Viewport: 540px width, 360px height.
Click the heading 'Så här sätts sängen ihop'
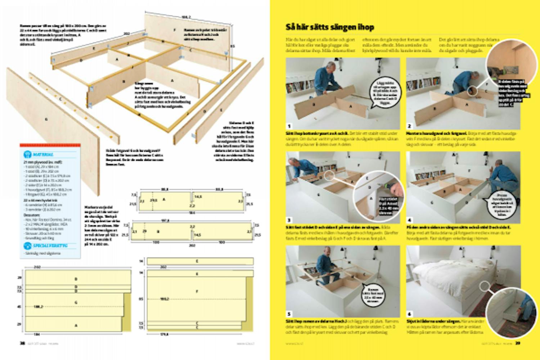pos(330,27)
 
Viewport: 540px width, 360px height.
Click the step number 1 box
pos(289,126)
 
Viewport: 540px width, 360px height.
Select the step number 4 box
pos(409,220)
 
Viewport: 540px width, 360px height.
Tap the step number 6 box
pos(409,314)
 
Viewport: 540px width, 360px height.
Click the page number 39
pos(518,343)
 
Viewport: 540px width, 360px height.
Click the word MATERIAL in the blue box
pos(43,154)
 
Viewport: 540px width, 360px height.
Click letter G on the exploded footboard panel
pos(46,119)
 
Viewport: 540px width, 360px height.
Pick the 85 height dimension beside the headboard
pos(233,46)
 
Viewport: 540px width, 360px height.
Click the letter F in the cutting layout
pos(197,291)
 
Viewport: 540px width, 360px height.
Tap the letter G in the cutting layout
pos(76,302)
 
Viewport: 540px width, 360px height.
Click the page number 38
pos(22,343)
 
